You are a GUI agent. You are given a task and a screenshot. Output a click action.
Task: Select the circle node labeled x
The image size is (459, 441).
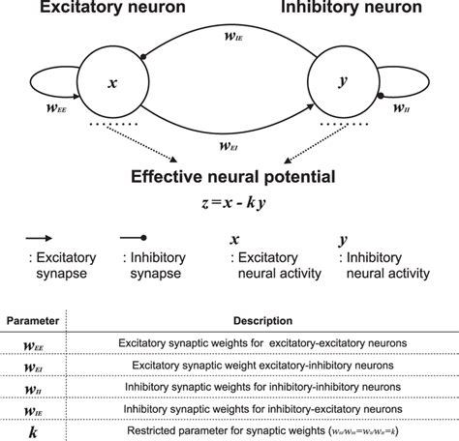(x=112, y=84)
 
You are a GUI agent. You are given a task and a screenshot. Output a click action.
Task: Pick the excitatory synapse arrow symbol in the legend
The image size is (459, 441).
(x=38, y=238)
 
